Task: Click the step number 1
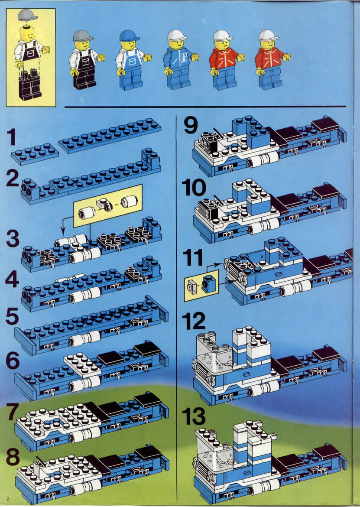11,137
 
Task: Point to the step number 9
191,126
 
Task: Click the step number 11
193,257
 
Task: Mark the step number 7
13,412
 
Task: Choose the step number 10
194,188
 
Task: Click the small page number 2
8,499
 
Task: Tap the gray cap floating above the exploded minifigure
27,15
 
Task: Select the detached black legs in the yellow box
30,84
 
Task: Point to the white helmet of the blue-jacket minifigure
177,35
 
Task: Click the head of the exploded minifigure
27,33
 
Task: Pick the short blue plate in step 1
35,154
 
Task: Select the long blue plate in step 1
110,135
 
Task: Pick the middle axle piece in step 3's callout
105,205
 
